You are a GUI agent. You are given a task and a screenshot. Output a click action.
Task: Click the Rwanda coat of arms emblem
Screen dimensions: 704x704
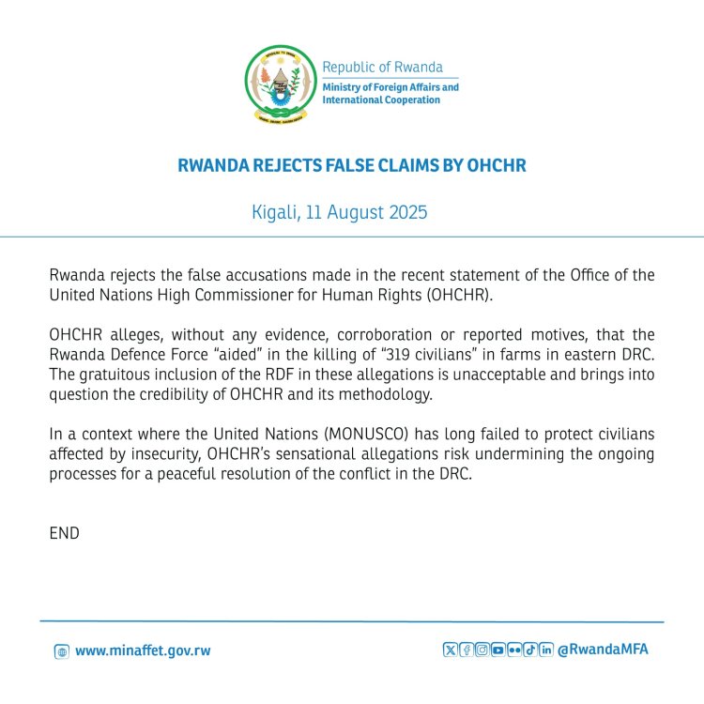point(280,85)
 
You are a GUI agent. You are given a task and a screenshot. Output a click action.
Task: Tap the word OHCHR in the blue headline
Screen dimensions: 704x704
point(495,166)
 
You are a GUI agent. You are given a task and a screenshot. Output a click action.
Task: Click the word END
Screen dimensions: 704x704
point(64,533)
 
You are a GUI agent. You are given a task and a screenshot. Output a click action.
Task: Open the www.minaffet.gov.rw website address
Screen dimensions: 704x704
point(143,650)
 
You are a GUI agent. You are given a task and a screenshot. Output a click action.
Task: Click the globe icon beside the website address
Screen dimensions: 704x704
point(62,651)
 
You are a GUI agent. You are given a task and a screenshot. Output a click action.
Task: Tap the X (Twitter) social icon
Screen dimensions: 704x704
point(450,650)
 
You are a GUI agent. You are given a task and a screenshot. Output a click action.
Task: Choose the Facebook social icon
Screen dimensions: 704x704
point(466,650)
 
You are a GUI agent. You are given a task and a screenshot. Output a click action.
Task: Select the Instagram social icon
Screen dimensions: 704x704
point(482,650)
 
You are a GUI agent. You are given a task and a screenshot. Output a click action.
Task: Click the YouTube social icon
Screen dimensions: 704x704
point(497,650)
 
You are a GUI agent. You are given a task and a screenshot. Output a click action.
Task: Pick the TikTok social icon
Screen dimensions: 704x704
point(530,650)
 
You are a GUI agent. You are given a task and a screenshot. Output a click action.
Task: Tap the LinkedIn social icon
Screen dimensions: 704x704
point(546,650)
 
